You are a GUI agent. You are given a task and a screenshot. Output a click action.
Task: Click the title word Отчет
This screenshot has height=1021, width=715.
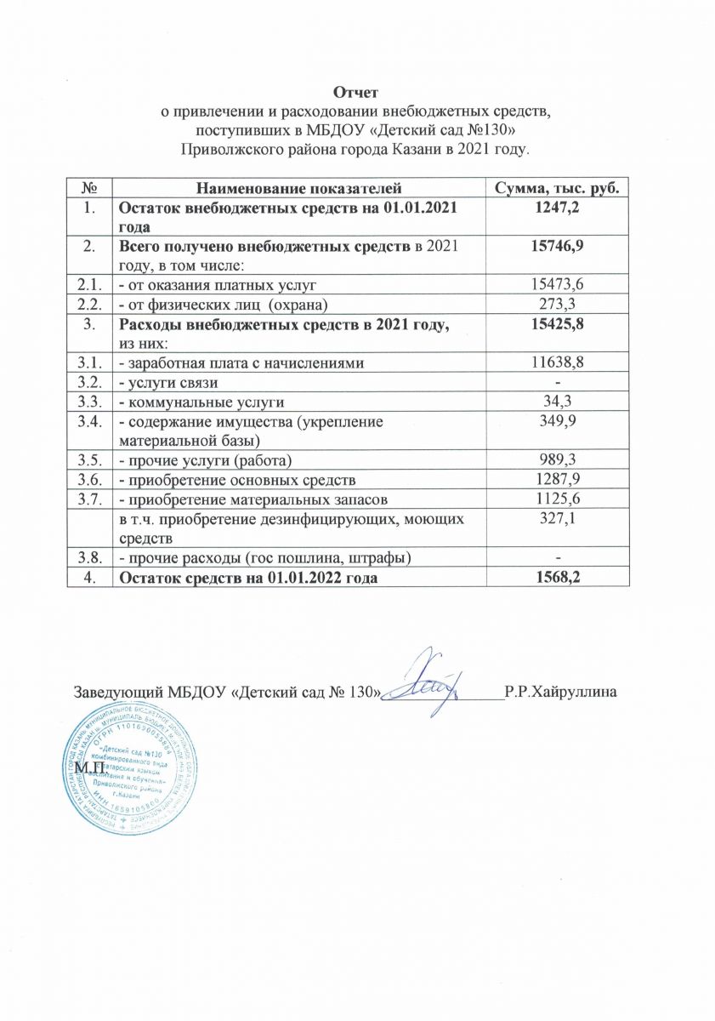tap(357, 92)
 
